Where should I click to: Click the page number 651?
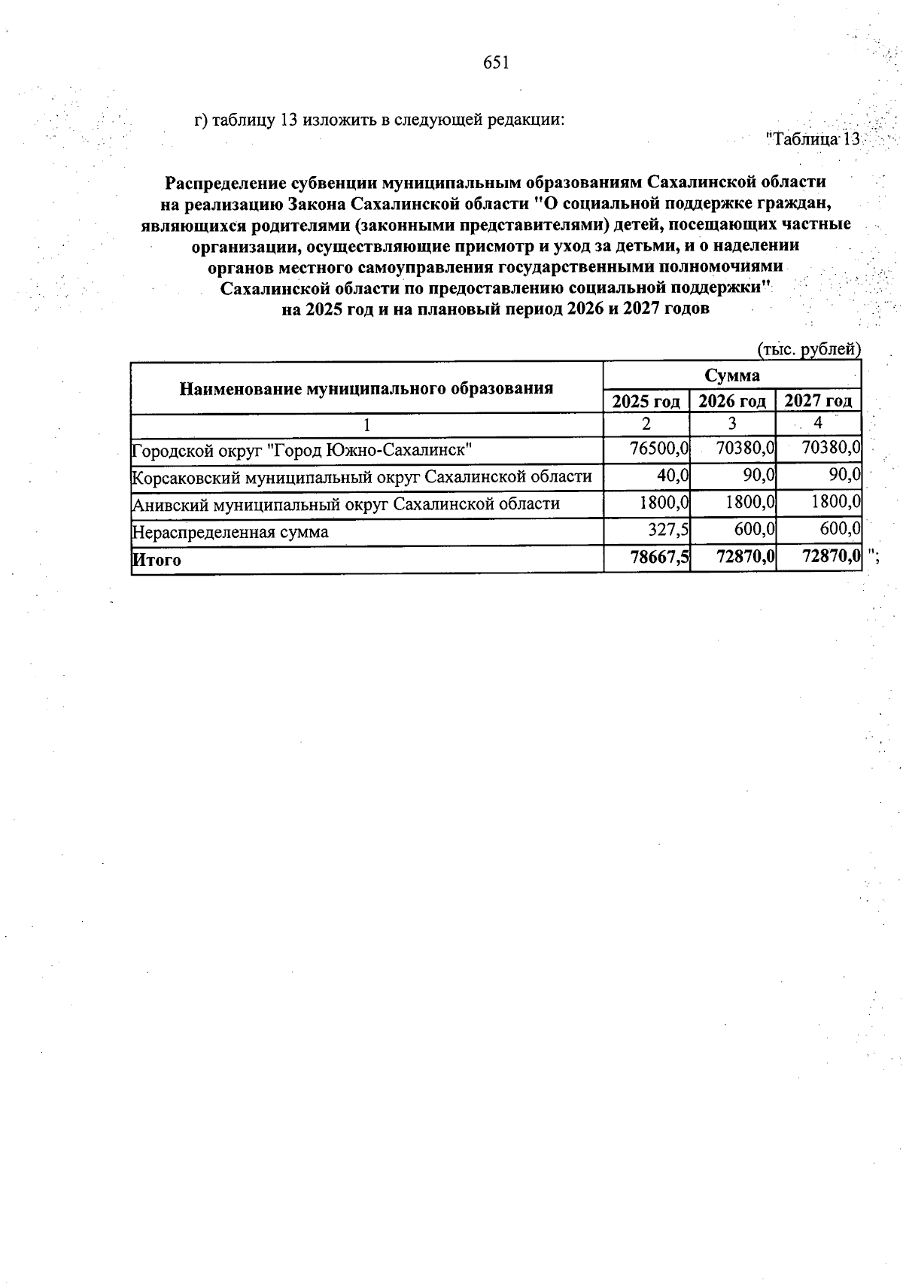497,63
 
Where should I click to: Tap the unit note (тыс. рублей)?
807,349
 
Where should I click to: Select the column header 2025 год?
646,401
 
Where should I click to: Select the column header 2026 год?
732,401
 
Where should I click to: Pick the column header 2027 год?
818,401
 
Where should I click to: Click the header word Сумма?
731,375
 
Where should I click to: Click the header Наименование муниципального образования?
366,388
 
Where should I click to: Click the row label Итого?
157,560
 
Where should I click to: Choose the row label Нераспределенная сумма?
230,532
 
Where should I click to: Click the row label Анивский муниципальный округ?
345,504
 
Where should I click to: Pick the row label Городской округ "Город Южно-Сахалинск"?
302,450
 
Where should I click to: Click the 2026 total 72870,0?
744,558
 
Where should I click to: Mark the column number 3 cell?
732,424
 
